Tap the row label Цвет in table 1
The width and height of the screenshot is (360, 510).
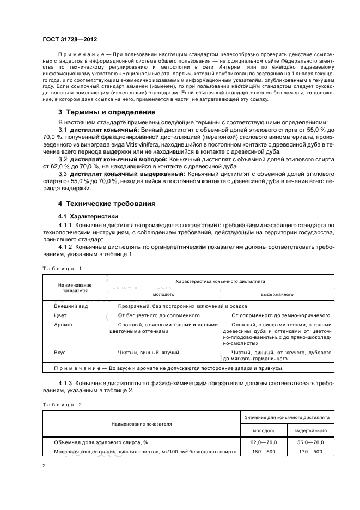click(x=60, y=315)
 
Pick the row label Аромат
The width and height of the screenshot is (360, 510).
click(x=64, y=325)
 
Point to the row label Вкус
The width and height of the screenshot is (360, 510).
click(x=60, y=353)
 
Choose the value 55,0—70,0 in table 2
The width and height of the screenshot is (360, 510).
click(x=310, y=442)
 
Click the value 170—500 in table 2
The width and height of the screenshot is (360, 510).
click(x=310, y=451)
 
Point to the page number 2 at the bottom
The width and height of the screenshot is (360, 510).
click(x=44, y=466)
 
